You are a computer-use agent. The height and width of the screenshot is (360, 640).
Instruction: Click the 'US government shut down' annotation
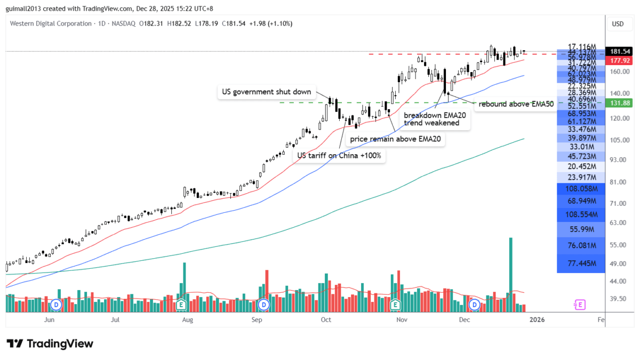pos(266,92)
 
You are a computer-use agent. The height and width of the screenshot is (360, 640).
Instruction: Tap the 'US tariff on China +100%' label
pos(339,155)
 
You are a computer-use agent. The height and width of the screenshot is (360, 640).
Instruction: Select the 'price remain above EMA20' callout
pos(397,139)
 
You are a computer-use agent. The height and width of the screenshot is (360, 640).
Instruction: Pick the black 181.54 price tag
pos(621,52)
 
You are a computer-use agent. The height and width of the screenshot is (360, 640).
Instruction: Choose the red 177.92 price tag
pos(621,60)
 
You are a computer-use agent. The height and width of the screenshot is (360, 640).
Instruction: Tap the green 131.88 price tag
pos(621,103)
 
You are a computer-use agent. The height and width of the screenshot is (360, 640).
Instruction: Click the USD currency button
pos(618,23)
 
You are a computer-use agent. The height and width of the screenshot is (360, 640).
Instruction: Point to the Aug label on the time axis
pos(187,320)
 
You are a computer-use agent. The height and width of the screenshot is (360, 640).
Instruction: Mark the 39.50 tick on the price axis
pos(618,299)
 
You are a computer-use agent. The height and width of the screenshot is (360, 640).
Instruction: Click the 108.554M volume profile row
pos(580,214)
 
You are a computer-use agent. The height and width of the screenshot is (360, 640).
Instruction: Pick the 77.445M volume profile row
pos(580,263)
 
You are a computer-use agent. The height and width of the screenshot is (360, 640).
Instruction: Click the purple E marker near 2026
pos(579,305)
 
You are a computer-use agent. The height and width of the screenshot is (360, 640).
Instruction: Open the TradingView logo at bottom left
pos(50,343)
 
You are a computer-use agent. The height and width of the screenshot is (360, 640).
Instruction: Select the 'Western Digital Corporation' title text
pos(50,23)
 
